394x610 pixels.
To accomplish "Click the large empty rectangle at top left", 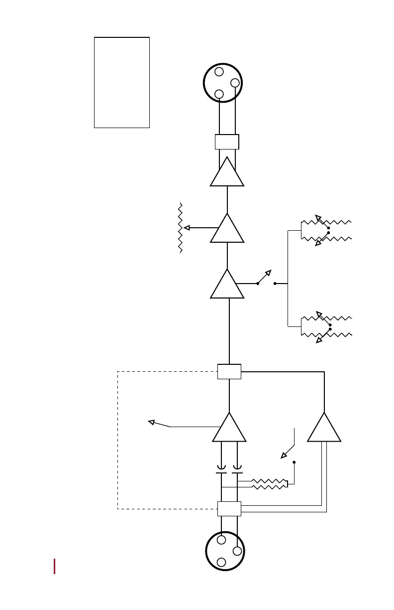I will (122, 82).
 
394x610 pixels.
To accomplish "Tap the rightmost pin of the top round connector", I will (235, 83).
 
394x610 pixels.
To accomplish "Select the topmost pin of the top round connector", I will (219, 72).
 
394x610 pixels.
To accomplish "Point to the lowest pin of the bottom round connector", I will (222, 562).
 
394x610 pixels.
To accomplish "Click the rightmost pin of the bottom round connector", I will (237, 551).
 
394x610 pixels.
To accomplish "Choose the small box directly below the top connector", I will (227, 142).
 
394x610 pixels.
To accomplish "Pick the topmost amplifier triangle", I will (227, 173).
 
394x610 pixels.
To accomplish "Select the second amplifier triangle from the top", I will (227, 229).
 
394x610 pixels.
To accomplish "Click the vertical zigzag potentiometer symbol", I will (181, 228).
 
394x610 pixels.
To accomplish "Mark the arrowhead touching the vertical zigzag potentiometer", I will (187, 228).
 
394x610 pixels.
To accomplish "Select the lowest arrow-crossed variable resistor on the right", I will (326, 333).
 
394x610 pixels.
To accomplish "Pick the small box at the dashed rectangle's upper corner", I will (229, 371).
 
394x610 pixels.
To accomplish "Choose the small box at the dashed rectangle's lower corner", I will (229, 509).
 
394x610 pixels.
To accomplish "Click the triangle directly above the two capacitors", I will (229, 429).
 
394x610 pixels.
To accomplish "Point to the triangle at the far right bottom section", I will (324, 429).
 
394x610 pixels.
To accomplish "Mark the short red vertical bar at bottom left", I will (54, 566).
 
